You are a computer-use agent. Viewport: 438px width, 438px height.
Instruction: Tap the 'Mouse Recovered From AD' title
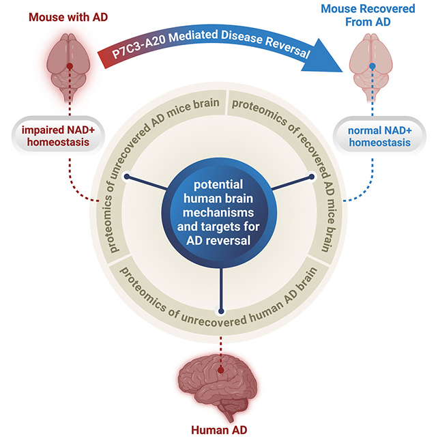point(372,17)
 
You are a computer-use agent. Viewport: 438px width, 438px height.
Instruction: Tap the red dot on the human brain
point(220,371)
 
